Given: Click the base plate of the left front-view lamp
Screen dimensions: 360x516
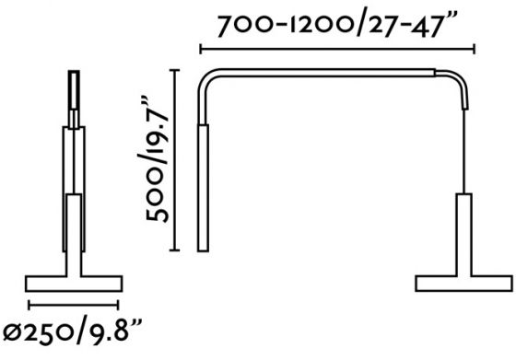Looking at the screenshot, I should tap(74, 281).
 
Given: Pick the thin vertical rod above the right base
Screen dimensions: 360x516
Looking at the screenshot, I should tap(463, 147).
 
